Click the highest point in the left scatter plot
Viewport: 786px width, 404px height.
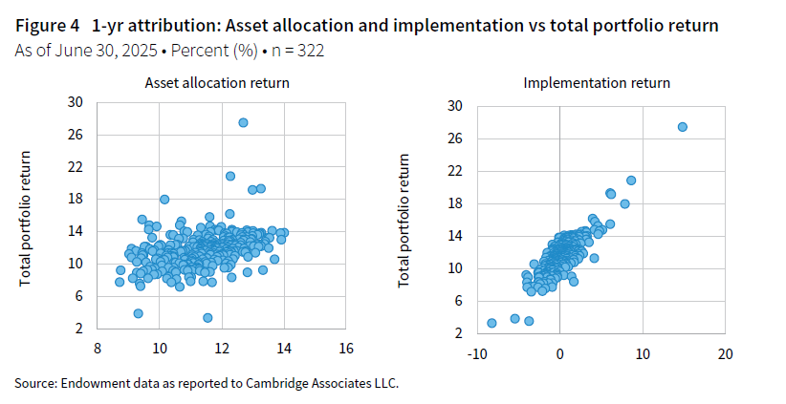(243, 122)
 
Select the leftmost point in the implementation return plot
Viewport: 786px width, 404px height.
(491, 323)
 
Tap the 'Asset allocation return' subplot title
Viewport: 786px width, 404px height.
(217, 83)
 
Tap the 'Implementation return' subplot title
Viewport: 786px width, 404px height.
(597, 83)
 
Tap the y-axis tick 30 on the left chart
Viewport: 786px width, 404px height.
(76, 102)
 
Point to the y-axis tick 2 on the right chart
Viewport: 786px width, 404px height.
(460, 332)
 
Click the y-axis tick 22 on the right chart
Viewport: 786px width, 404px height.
(456, 170)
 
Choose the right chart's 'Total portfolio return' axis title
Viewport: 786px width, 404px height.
(405, 218)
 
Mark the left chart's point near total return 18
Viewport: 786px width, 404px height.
(164, 199)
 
